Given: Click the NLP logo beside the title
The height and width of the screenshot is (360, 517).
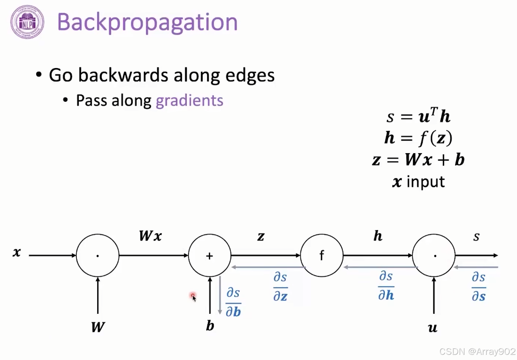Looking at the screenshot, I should (x=27, y=22).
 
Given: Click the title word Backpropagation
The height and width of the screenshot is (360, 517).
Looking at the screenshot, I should (x=147, y=22).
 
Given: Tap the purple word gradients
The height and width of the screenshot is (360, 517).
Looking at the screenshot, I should (x=189, y=101).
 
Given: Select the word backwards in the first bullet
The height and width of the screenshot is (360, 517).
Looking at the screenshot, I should (x=123, y=75).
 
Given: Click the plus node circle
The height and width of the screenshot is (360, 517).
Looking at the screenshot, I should (x=210, y=255).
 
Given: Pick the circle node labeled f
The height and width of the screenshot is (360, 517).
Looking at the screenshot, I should (x=321, y=255).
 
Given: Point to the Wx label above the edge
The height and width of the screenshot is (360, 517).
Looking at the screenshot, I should (x=150, y=236).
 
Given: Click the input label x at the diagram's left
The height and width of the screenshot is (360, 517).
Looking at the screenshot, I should (x=17, y=252).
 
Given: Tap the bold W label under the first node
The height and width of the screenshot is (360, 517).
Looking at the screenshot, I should (x=98, y=327).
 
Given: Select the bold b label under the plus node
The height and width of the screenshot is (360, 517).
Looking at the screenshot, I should (x=210, y=326).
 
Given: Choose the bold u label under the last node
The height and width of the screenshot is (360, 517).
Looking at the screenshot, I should (x=433, y=327).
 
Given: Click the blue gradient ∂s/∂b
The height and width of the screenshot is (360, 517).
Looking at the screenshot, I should (x=233, y=302).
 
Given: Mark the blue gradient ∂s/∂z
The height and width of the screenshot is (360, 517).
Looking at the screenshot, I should (x=280, y=287).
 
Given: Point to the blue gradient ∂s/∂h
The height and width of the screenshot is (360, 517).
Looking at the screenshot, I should (x=386, y=286).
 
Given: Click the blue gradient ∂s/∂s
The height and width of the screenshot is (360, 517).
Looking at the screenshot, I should (x=479, y=287).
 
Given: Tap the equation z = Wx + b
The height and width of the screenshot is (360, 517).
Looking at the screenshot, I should (x=418, y=160).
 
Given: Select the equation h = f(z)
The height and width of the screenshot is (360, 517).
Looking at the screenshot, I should (x=418, y=138).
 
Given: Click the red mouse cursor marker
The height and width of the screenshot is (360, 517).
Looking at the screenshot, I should (x=193, y=296).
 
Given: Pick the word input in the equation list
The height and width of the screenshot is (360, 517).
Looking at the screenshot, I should (x=425, y=182).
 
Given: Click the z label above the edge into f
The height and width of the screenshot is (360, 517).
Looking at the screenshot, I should (x=261, y=236).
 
